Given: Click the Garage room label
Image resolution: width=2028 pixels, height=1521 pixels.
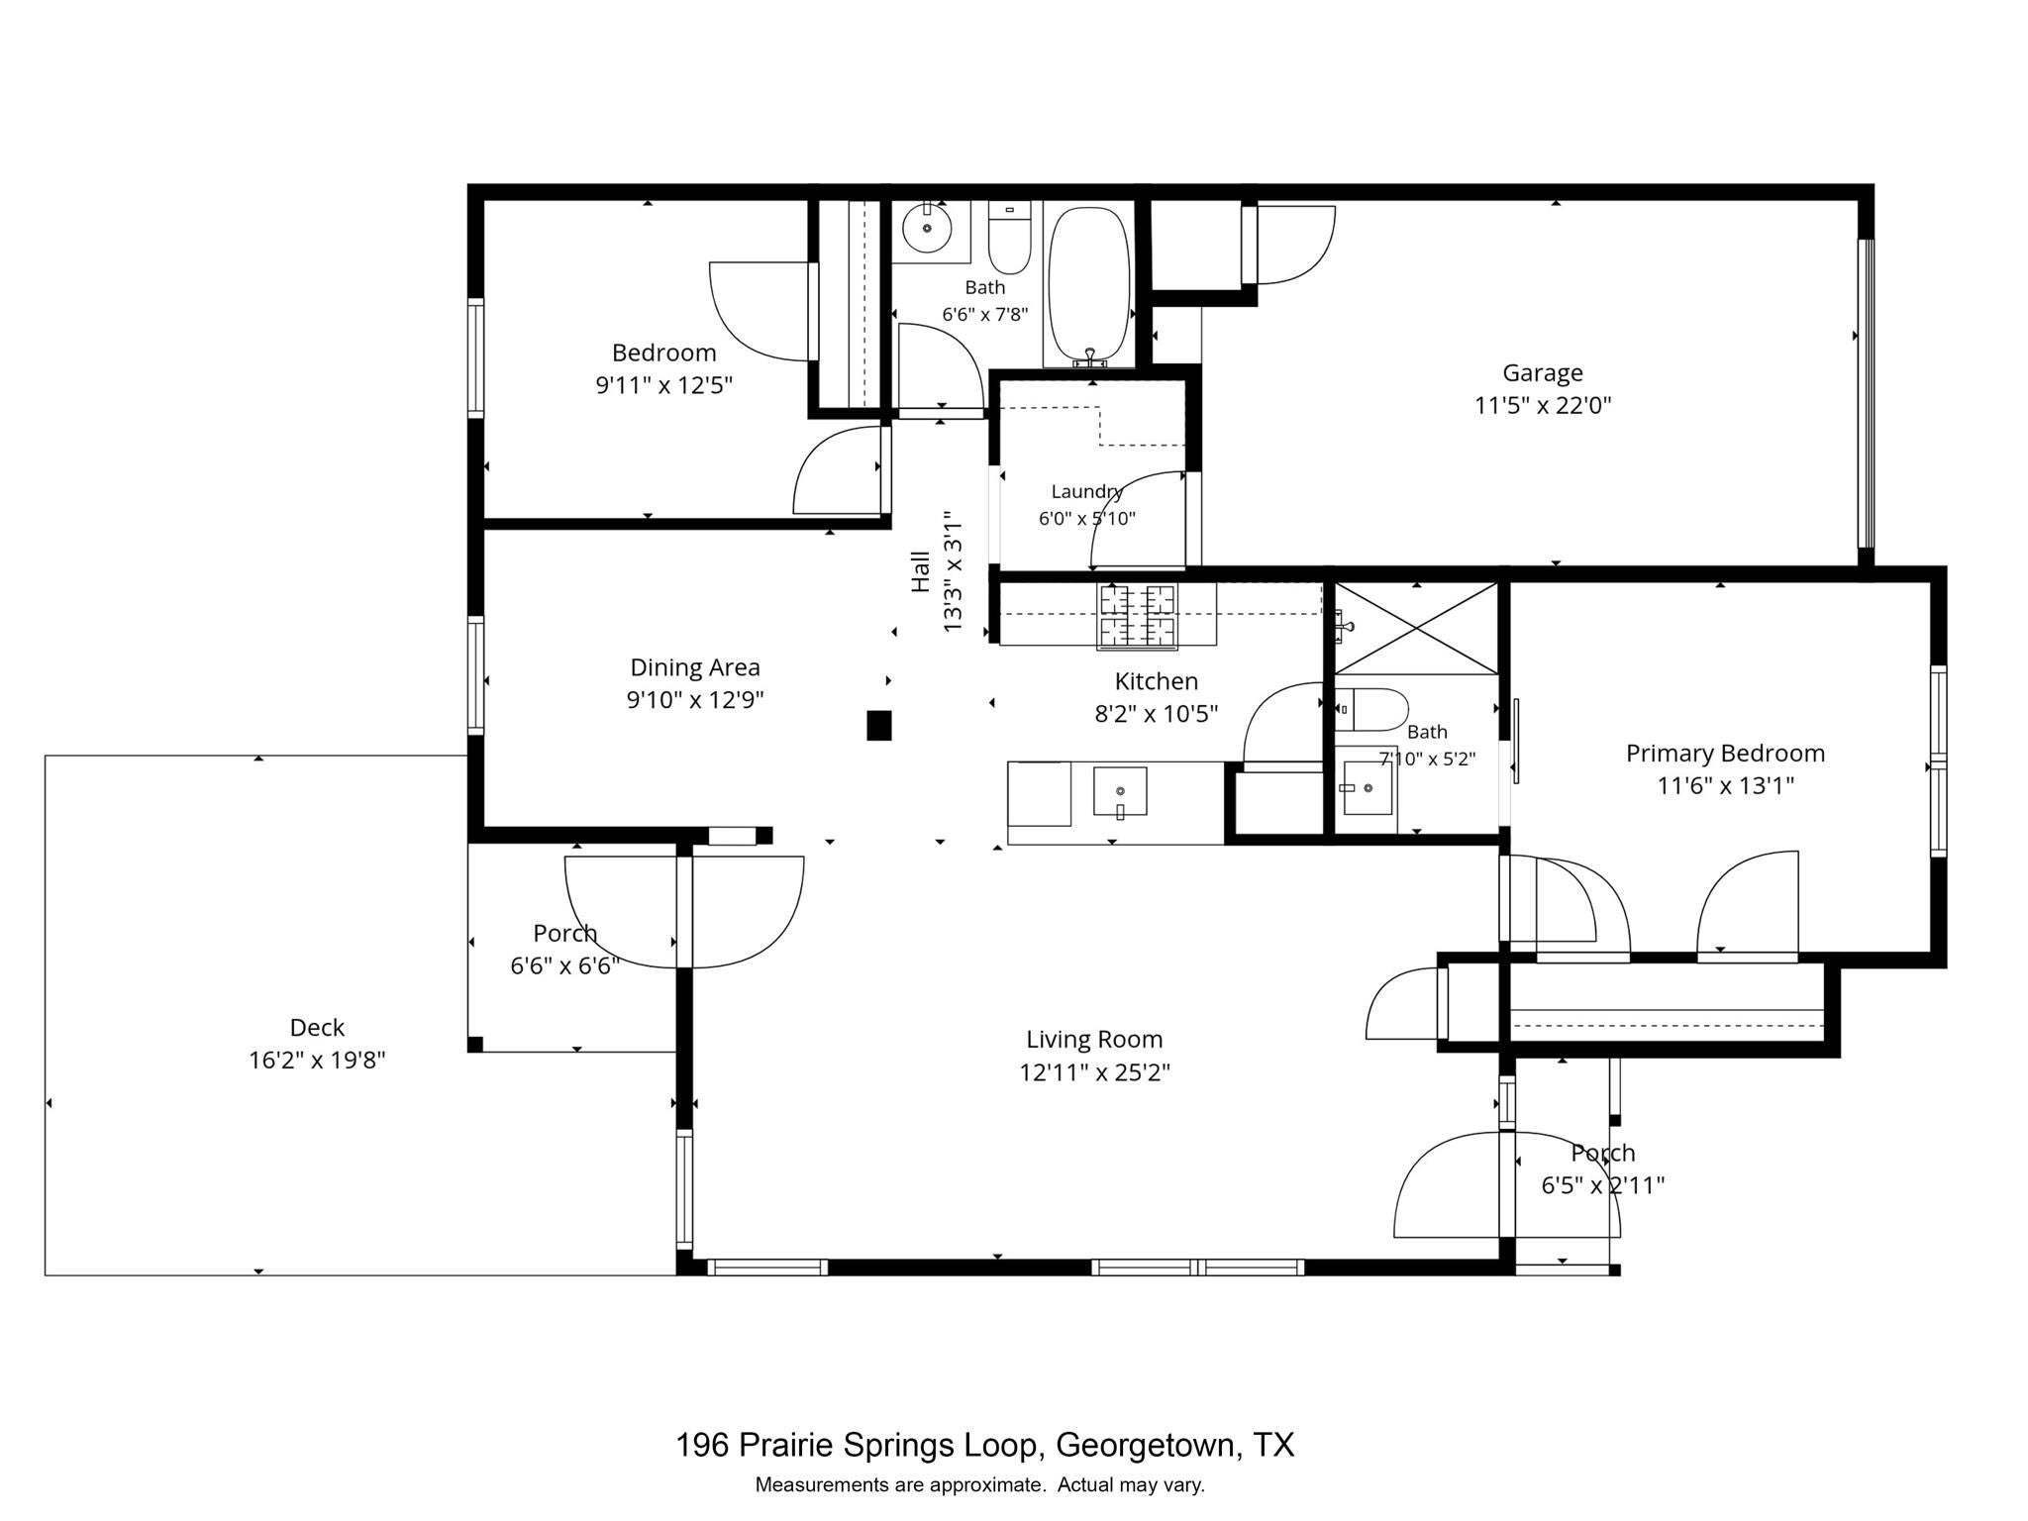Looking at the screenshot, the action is (1542, 373).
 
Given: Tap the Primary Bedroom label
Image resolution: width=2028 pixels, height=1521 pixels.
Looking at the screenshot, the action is (1725, 753).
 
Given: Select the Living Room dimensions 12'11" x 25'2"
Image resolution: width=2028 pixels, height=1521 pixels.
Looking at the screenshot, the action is (1094, 1072).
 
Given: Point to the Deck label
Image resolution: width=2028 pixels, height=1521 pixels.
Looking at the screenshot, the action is (317, 1027).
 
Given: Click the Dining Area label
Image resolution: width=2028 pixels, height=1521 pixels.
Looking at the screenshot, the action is (695, 667).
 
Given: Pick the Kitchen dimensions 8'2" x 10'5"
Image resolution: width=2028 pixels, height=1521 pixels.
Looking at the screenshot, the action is (1156, 713).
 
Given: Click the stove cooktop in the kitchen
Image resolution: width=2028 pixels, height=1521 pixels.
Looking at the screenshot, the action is (1137, 616).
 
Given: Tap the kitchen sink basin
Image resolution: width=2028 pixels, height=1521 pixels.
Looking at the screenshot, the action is (1120, 791).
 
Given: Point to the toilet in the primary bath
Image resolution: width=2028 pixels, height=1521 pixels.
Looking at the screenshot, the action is (1371, 709).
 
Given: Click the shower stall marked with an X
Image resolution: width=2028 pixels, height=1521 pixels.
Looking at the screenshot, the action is (1416, 629).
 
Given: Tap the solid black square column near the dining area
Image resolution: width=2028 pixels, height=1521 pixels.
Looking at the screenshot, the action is (878, 725).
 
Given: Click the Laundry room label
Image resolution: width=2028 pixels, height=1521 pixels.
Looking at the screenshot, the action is (1086, 491).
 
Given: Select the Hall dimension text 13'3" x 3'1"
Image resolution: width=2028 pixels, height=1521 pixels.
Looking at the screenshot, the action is (952, 571).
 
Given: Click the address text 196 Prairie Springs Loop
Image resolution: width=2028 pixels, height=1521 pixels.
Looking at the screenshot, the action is (859, 1445).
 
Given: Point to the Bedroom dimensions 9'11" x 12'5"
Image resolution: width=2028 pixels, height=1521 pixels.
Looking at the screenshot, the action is (663, 384).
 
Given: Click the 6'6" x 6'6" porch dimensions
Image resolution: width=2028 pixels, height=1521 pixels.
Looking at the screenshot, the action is (564, 964).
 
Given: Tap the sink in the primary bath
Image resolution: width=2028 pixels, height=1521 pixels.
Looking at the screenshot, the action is (1368, 788).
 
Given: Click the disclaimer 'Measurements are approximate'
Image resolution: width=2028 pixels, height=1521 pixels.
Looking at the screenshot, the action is (899, 1484).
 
